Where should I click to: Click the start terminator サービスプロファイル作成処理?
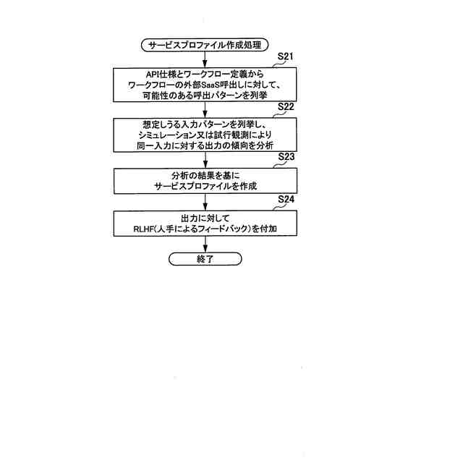click(205, 45)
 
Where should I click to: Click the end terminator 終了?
click(205, 258)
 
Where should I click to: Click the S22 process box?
click(205, 135)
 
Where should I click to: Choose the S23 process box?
click(205, 181)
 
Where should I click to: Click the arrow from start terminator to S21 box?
click(205, 59)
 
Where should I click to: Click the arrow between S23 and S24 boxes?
click(205, 202)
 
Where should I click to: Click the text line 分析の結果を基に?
click(205, 175)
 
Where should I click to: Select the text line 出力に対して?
click(205, 218)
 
